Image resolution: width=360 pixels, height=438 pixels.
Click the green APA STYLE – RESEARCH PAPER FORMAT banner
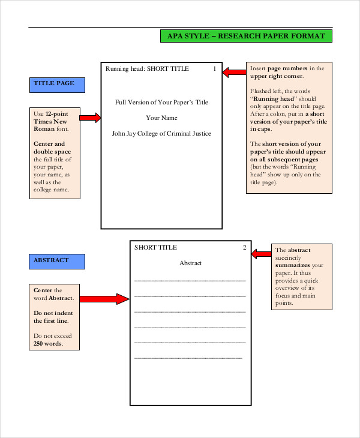pyautogui.click(x=246, y=36)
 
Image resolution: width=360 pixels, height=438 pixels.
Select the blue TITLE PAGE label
pyautogui.click(x=57, y=85)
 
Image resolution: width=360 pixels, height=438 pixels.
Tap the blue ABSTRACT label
pyautogui.click(x=57, y=261)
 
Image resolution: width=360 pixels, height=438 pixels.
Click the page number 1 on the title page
pyautogui.click(x=214, y=69)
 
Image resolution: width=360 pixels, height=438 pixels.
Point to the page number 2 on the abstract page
pyautogui.click(x=244, y=247)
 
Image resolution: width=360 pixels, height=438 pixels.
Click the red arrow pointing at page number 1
pyautogui.click(x=233, y=73)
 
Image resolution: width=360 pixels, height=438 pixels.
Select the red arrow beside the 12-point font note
pyautogui.click(x=91, y=118)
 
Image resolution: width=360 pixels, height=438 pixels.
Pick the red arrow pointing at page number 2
pyautogui.click(x=262, y=254)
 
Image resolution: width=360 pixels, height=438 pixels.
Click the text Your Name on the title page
pyautogui.click(x=161, y=118)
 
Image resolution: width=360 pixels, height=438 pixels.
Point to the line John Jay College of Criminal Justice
pyautogui.click(x=161, y=134)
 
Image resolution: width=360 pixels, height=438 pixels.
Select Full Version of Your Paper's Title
pyautogui.click(x=161, y=103)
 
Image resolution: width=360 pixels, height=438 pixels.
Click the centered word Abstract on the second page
pyautogui.click(x=191, y=263)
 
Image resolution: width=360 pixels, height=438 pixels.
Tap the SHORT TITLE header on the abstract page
pyautogui.click(x=155, y=247)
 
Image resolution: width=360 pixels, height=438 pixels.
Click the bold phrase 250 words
pyautogui.click(x=47, y=344)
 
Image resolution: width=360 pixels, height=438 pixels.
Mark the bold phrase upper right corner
pyautogui.click(x=277, y=76)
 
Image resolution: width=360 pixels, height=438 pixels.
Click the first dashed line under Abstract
pyautogui.click(x=190, y=280)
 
